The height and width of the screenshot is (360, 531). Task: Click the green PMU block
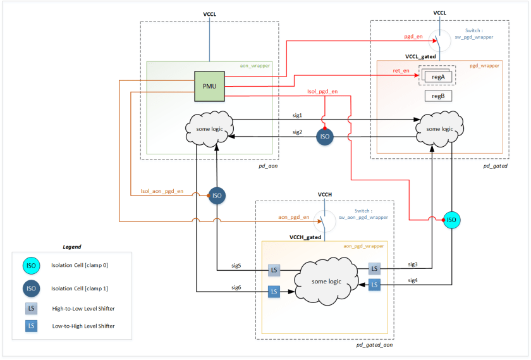click(209, 86)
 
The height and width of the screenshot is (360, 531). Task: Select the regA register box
click(437, 77)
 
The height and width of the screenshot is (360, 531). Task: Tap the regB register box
click(437, 96)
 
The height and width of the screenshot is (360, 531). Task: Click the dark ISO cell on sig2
click(325, 137)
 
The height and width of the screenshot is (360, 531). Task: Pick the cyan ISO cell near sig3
click(451, 220)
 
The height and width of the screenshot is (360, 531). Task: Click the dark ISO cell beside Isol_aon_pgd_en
click(217, 196)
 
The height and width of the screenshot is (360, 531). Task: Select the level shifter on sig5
click(274, 271)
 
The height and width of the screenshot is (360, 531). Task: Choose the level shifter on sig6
click(274, 292)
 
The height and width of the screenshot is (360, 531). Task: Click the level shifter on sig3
click(374, 269)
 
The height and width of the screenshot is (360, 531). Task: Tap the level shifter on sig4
click(374, 285)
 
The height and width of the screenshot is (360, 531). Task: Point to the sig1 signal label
click(297, 116)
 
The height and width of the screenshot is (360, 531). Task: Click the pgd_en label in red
click(413, 37)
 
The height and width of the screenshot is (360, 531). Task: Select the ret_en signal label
click(401, 71)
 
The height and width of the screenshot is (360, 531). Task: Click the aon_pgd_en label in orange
click(294, 216)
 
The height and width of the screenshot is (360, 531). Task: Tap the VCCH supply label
click(325, 195)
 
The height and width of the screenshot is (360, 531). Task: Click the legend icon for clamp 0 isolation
click(31, 265)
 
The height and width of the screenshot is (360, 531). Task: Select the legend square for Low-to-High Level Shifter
click(31, 326)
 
